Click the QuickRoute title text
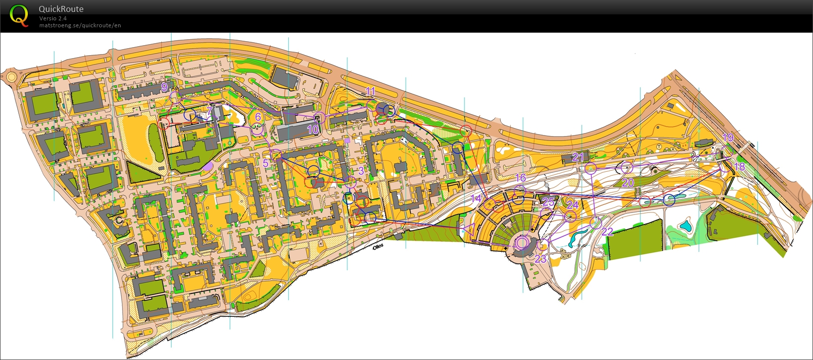[61, 9]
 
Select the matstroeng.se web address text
[80, 25]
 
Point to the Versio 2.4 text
[53, 18]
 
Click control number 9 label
[164, 87]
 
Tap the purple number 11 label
[370, 91]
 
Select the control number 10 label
[313, 130]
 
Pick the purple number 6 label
[258, 117]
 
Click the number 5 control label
[266, 163]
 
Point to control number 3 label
[361, 170]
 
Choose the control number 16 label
[520, 178]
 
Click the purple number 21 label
[578, 157]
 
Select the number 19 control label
[728, 138]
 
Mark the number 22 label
[608, 232]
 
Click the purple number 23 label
[540, 259]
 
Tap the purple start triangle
[468, 228]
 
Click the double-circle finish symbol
[522, 243]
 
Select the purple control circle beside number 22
[596, 222]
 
